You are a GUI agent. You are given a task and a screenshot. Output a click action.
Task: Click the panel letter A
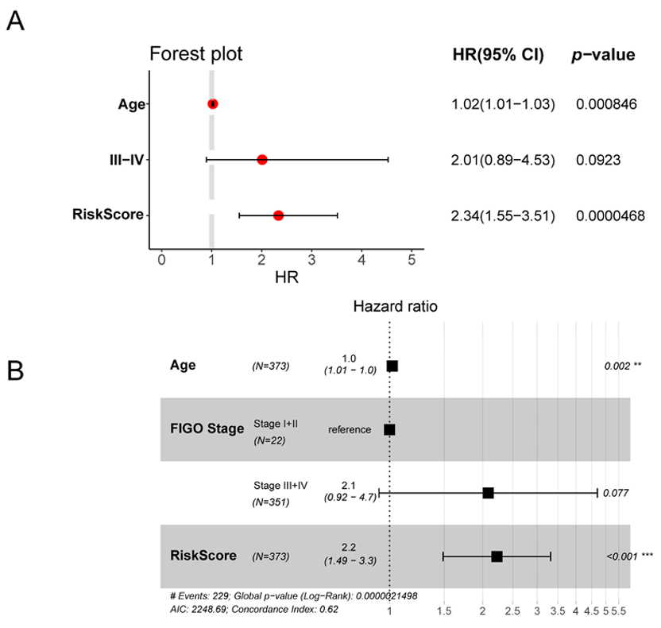coord(15,22)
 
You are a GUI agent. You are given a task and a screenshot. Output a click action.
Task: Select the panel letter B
coord(15,370)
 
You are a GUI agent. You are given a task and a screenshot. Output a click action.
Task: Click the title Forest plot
coord(196,54)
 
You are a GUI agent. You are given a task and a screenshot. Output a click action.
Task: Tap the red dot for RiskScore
coord(278,215)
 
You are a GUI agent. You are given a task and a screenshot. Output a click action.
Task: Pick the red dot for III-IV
coord(262,160)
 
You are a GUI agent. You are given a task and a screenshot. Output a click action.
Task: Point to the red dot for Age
coord(213,104)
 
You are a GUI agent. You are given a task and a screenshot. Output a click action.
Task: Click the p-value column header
coord(603,55)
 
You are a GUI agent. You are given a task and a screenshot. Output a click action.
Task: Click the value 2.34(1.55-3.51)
coord(502,215)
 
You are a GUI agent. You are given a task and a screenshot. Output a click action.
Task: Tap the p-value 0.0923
coord(598,160)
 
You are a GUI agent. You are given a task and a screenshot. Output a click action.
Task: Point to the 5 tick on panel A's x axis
coord(412,260)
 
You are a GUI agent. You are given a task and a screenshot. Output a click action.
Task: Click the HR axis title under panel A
coord(286,279)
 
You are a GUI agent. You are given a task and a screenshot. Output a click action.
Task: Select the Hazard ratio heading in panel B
coord(395,306)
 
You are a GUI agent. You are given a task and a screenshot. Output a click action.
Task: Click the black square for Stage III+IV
coord(489,493)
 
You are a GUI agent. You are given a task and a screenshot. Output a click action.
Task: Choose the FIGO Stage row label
coord(207,429)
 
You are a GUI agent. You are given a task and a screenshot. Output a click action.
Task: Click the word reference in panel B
coord(350,429)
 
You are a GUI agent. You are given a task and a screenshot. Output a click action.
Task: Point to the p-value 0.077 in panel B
coord(616,493)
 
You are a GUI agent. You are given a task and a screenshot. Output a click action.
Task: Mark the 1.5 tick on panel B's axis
coord(444,611)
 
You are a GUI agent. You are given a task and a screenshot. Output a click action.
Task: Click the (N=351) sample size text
coord(270,502)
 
